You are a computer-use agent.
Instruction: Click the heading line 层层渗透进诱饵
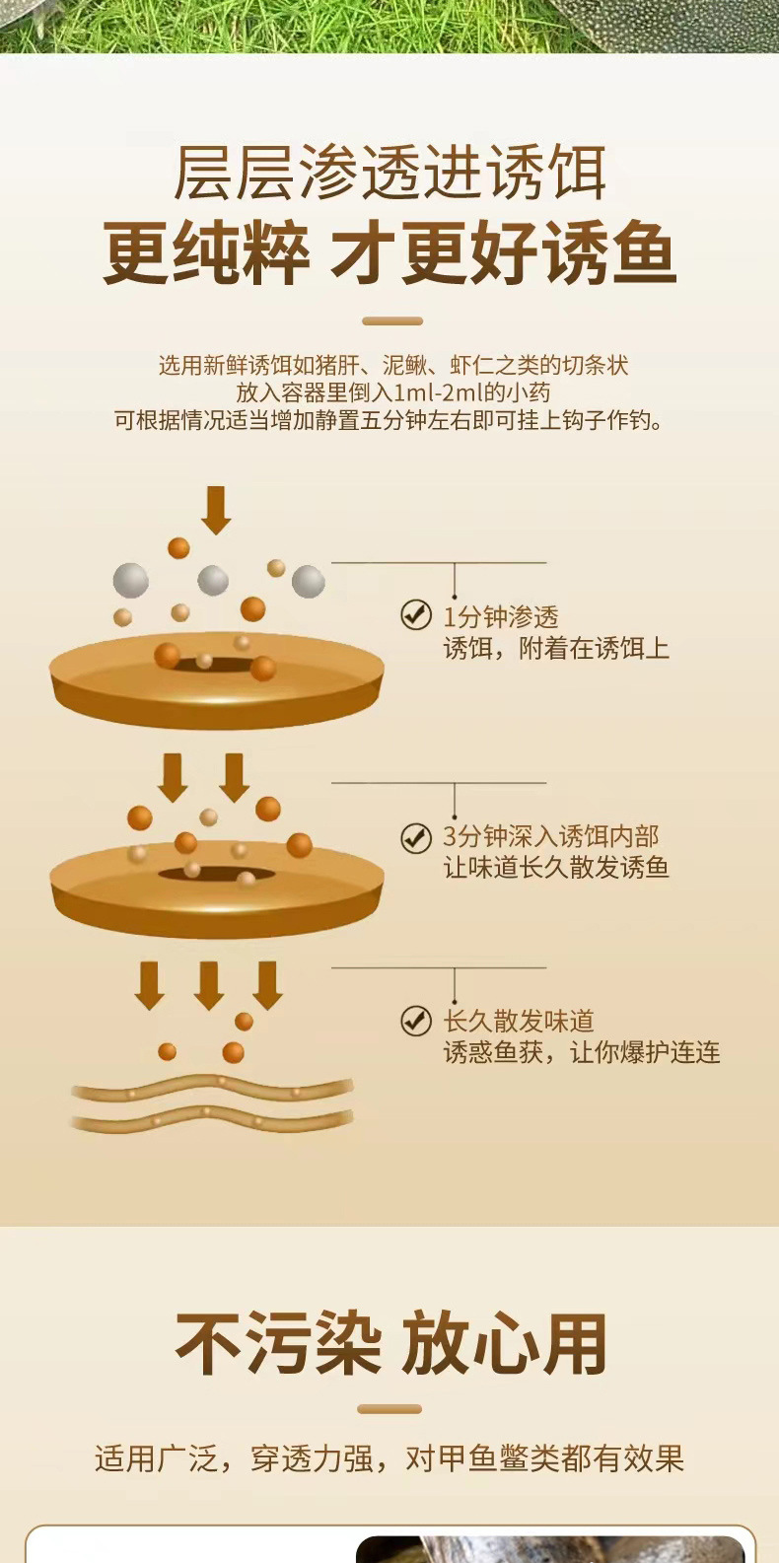(x=389, y=173)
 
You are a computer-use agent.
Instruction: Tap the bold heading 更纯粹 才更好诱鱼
(x=389, y=253)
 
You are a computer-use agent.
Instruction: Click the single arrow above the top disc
(x=216, y=509)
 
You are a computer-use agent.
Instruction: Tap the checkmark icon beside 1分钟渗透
(x=416, y=614)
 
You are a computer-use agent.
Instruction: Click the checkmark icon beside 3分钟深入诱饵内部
(x=416, y=837)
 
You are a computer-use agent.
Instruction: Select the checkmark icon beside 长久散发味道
(x=416, y=1021)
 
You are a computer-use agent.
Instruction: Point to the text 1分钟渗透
(x=501, y=617)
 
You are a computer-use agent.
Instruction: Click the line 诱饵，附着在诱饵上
(x=556, y=648)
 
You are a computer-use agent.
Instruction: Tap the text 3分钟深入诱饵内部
(x=550, y=837)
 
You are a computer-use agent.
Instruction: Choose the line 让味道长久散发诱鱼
(x=556, y=868)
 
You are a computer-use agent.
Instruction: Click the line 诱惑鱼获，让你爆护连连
(x=582, y=1052)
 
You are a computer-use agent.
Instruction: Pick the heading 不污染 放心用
(x=390, y=1343)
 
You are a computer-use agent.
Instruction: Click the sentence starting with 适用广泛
(x=389, y=1457)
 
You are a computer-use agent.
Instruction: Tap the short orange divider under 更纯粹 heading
(x=392, y=320)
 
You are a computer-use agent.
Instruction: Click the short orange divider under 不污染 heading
(x=389, y=1409)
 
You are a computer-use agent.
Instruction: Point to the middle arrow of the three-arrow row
(x=209, y=984)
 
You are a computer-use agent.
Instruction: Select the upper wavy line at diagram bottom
(x=212, y=1088)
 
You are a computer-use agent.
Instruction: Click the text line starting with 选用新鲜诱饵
(x=393, y=365)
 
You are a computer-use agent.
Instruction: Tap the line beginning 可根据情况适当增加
(x=389, y=420)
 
